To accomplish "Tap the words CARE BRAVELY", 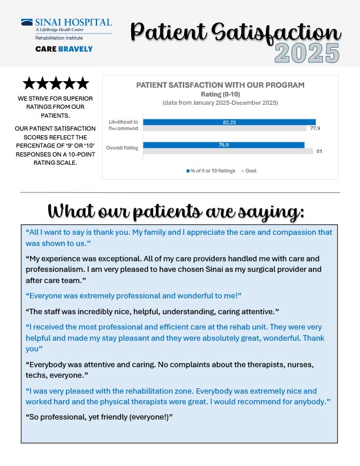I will click(x=64, y=49).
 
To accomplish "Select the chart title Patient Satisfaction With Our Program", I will click(x=220, y=85).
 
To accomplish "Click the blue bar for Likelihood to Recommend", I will click(x=229, y=122).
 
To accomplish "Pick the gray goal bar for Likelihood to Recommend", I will click(x=224, y=128).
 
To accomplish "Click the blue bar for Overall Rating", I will click(x=224, y=145).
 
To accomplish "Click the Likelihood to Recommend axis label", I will click(x=124, y=125).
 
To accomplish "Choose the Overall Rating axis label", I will click(x=122, y=148).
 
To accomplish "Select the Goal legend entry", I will click(x=249, y=171).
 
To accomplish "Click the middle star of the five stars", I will click(x=56, y=84).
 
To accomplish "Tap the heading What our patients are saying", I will click(x=180, y=210).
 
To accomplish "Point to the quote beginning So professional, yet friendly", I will click(x=99, y=417).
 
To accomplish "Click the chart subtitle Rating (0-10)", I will click(x=220, y=94).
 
